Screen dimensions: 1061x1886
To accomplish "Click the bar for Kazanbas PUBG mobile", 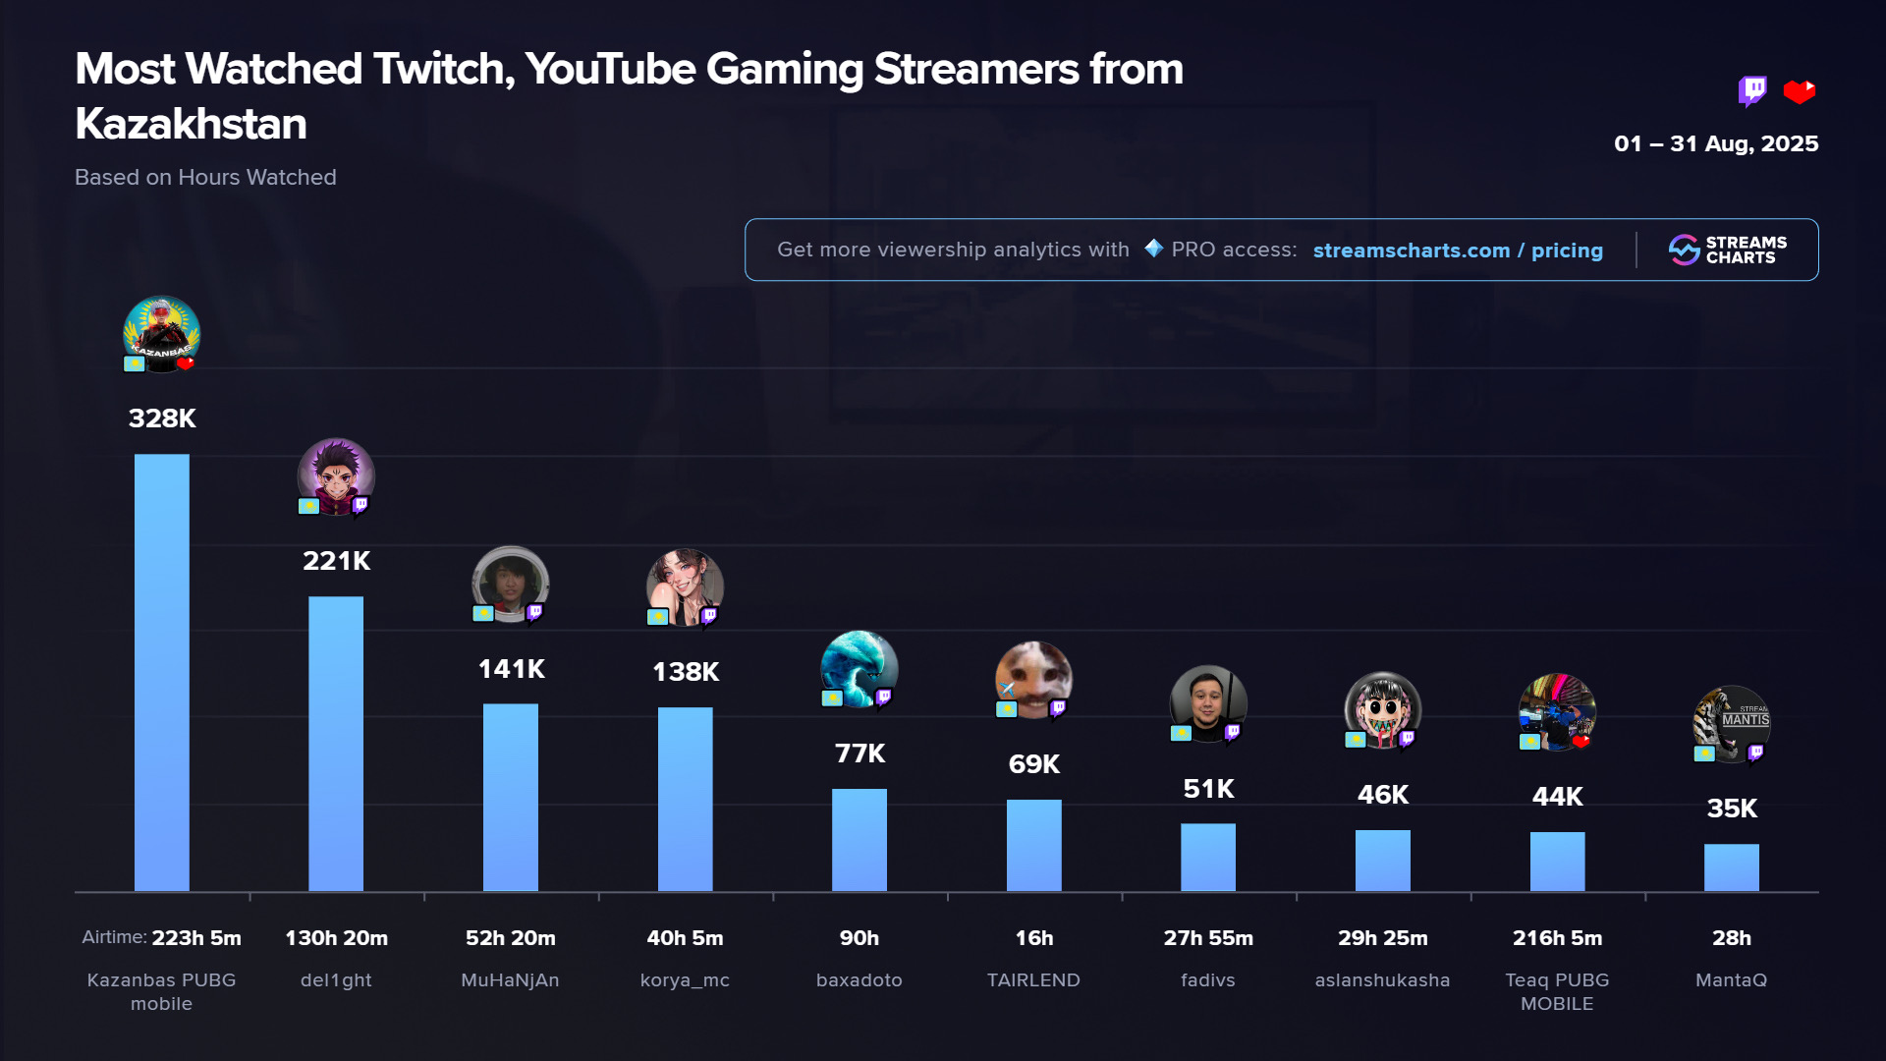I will [161, 672].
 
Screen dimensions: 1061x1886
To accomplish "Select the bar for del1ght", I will [336, 743].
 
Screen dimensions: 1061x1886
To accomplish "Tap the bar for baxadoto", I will [860, 839].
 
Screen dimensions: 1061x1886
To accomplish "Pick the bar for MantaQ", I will [1731, 866].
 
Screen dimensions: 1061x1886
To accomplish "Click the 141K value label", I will [511, 669].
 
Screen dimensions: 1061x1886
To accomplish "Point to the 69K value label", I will [1033, 764].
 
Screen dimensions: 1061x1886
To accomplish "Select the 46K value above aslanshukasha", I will [1382, 795].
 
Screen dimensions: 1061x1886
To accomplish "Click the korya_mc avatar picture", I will [685, 586].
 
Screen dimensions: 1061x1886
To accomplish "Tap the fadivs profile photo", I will [1207, 703].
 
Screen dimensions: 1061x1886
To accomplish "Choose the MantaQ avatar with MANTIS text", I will [1731, 724].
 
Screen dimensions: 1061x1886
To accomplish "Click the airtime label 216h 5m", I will [1557, 938].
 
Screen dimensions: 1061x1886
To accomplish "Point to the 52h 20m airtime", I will [511, 938].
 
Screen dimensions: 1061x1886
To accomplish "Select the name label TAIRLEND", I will [1033, 980].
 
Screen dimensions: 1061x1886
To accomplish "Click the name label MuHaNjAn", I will [511, 980].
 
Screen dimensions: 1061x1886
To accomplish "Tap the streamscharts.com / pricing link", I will [1458, 251].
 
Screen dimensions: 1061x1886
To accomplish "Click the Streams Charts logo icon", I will [1684, 250].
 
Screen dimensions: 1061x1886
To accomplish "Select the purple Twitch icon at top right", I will [1751, 91].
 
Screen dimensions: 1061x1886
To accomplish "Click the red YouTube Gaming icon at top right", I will [1800, 91].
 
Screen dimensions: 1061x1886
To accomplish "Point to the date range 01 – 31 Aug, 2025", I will [1716, 143].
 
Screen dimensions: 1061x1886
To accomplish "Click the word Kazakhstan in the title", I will [192, 125].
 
